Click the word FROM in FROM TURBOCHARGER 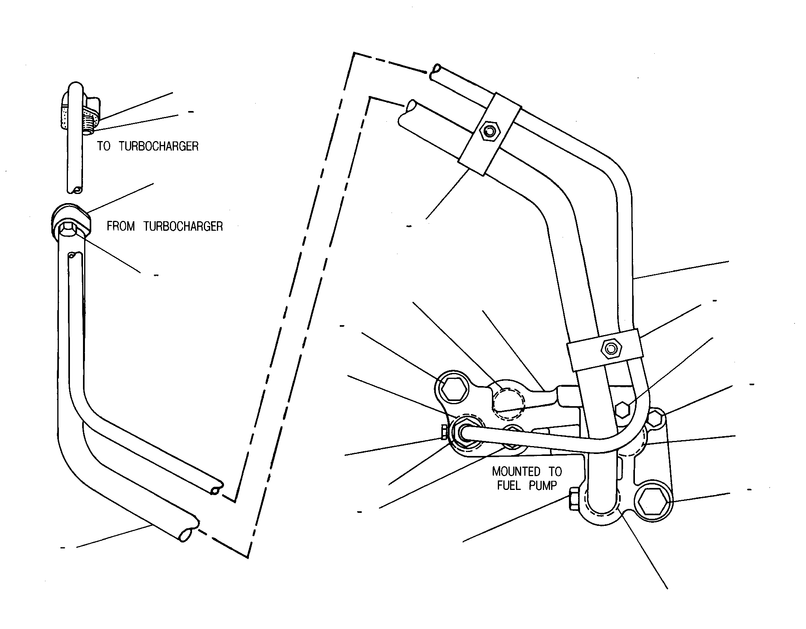(x=121, y=226)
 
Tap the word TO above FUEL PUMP (x=555, y=471)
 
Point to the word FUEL (x=508, y=485)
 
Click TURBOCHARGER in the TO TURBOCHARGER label (x=158, y=146)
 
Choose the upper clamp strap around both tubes (x=490, y=133)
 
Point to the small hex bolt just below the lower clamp (x=623, y=410)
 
